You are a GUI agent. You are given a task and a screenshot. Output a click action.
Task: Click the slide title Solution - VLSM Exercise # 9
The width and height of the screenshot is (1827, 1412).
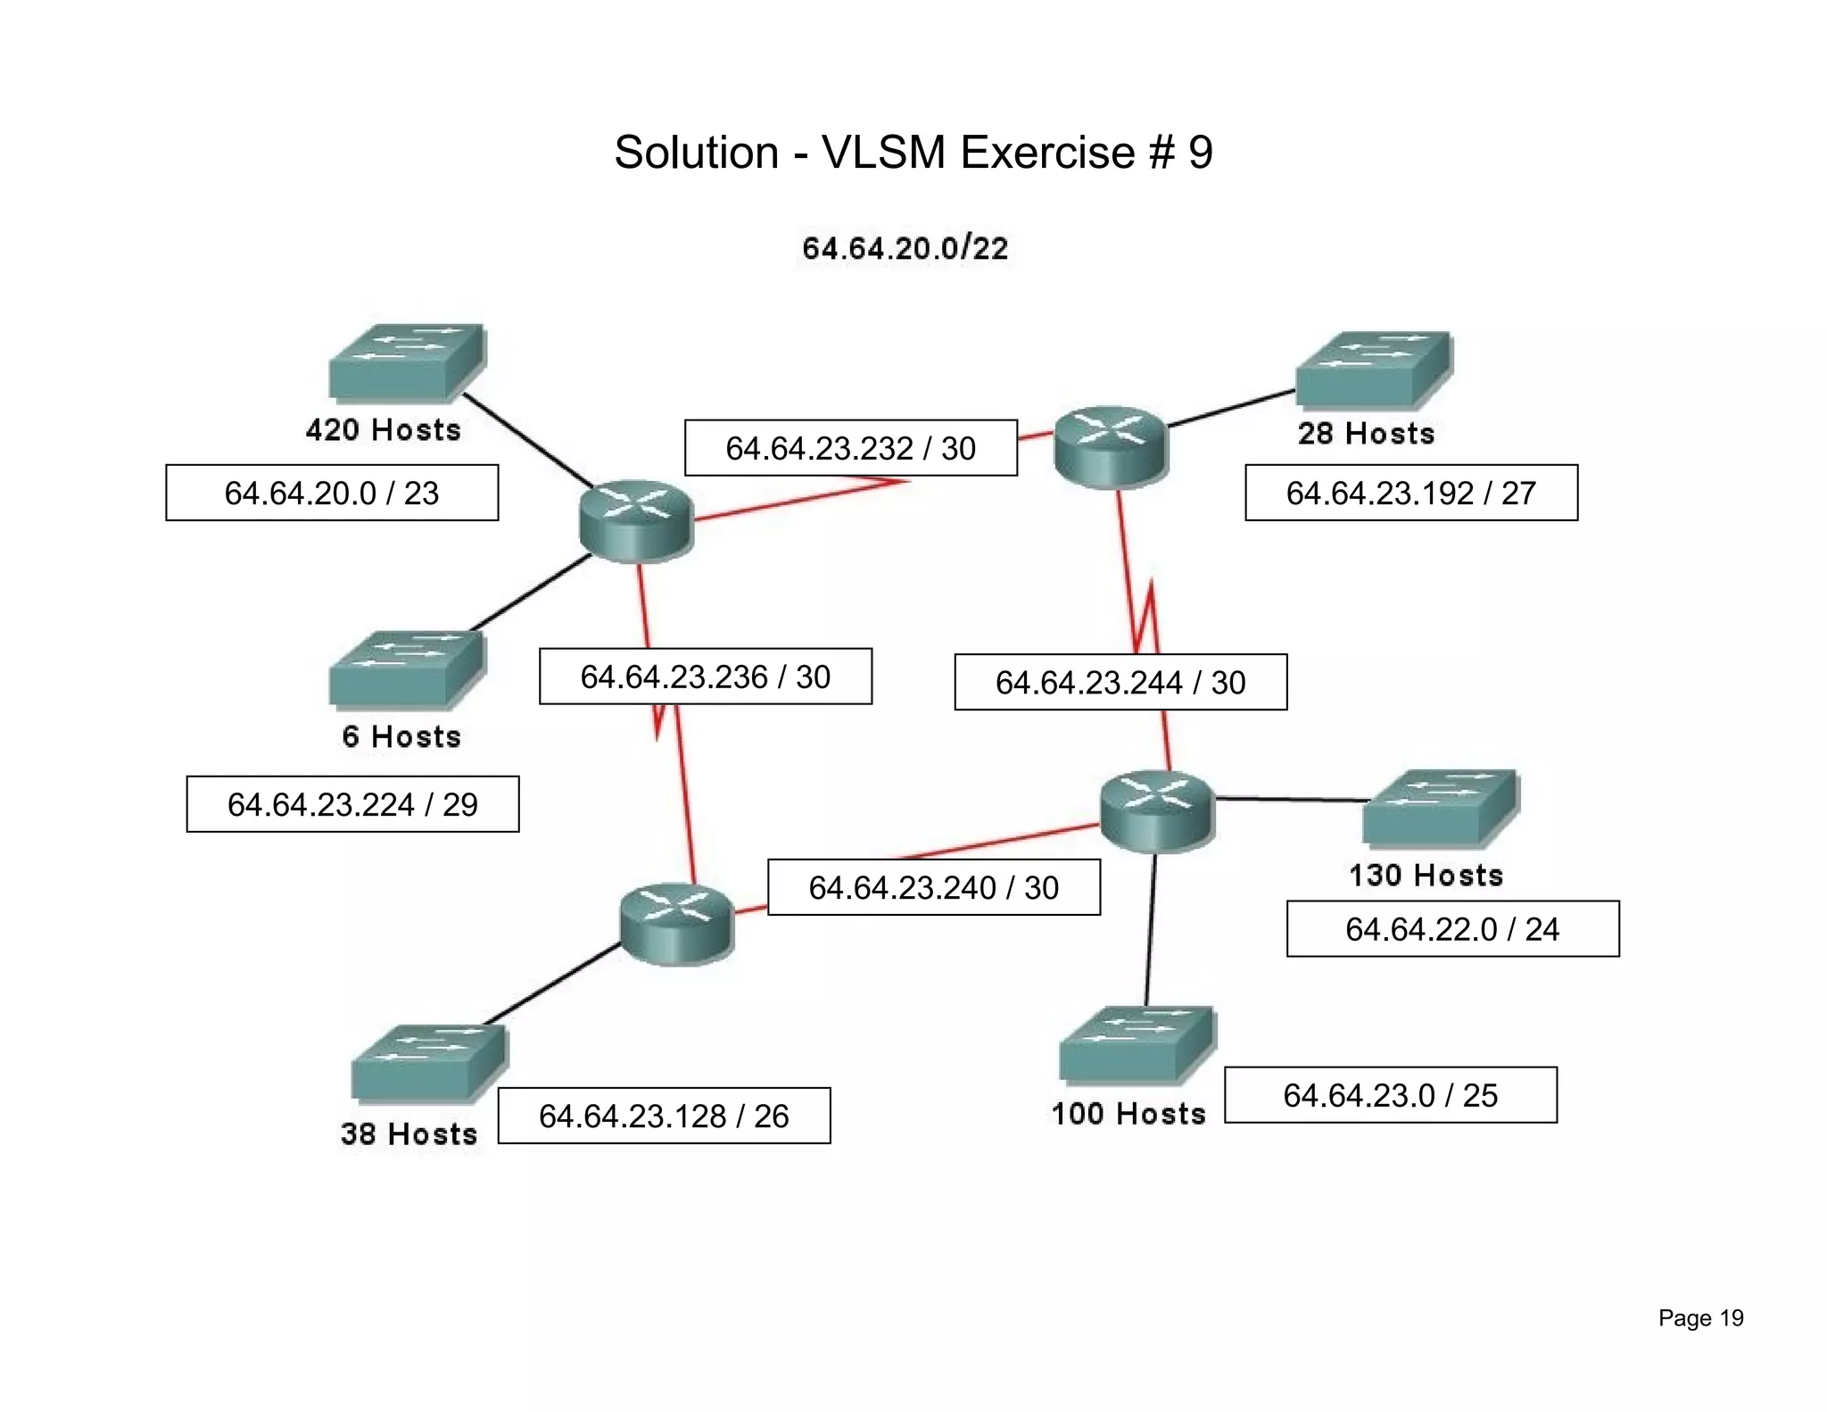[913, 153]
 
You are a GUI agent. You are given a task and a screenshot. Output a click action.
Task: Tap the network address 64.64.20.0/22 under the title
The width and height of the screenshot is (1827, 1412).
[905, 248]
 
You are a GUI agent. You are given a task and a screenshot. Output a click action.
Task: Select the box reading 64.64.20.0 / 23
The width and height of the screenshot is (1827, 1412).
[332, 493]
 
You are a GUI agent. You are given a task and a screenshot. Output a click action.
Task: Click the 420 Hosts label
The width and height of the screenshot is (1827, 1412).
[384, 430]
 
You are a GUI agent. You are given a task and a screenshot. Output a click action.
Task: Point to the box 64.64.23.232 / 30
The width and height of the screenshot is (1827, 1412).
[850, 448]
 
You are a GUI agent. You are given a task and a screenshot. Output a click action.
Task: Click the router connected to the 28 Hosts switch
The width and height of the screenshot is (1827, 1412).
[1110, 446]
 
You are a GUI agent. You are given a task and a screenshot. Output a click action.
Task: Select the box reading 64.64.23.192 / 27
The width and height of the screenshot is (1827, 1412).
[1410, 493]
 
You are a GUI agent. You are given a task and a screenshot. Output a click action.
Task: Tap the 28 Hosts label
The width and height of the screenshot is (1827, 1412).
[1366, 434]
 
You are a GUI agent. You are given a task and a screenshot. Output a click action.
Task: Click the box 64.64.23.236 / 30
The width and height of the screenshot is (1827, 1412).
[705, 677]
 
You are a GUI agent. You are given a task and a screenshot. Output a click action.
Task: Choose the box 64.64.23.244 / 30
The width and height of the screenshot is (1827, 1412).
[1120, 683]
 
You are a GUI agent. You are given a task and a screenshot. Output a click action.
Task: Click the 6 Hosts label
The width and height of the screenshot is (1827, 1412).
[401, 737]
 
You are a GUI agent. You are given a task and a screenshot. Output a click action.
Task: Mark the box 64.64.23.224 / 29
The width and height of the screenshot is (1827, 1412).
[352, 804]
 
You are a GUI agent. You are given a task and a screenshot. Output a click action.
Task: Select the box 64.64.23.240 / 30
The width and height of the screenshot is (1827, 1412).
[933, 887]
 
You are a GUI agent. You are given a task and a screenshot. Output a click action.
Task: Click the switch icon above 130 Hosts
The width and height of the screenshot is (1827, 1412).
[1439, 808]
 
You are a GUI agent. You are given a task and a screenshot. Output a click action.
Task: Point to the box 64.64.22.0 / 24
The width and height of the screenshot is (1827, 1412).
[1452, 929]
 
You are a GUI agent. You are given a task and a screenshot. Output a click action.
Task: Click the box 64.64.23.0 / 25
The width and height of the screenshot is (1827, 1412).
[1390, 1095]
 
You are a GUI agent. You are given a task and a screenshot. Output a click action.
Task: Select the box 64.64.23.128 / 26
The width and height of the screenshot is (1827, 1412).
[664, 1116]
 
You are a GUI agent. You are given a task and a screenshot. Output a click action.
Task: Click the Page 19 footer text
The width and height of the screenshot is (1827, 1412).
[1700, 1318]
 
